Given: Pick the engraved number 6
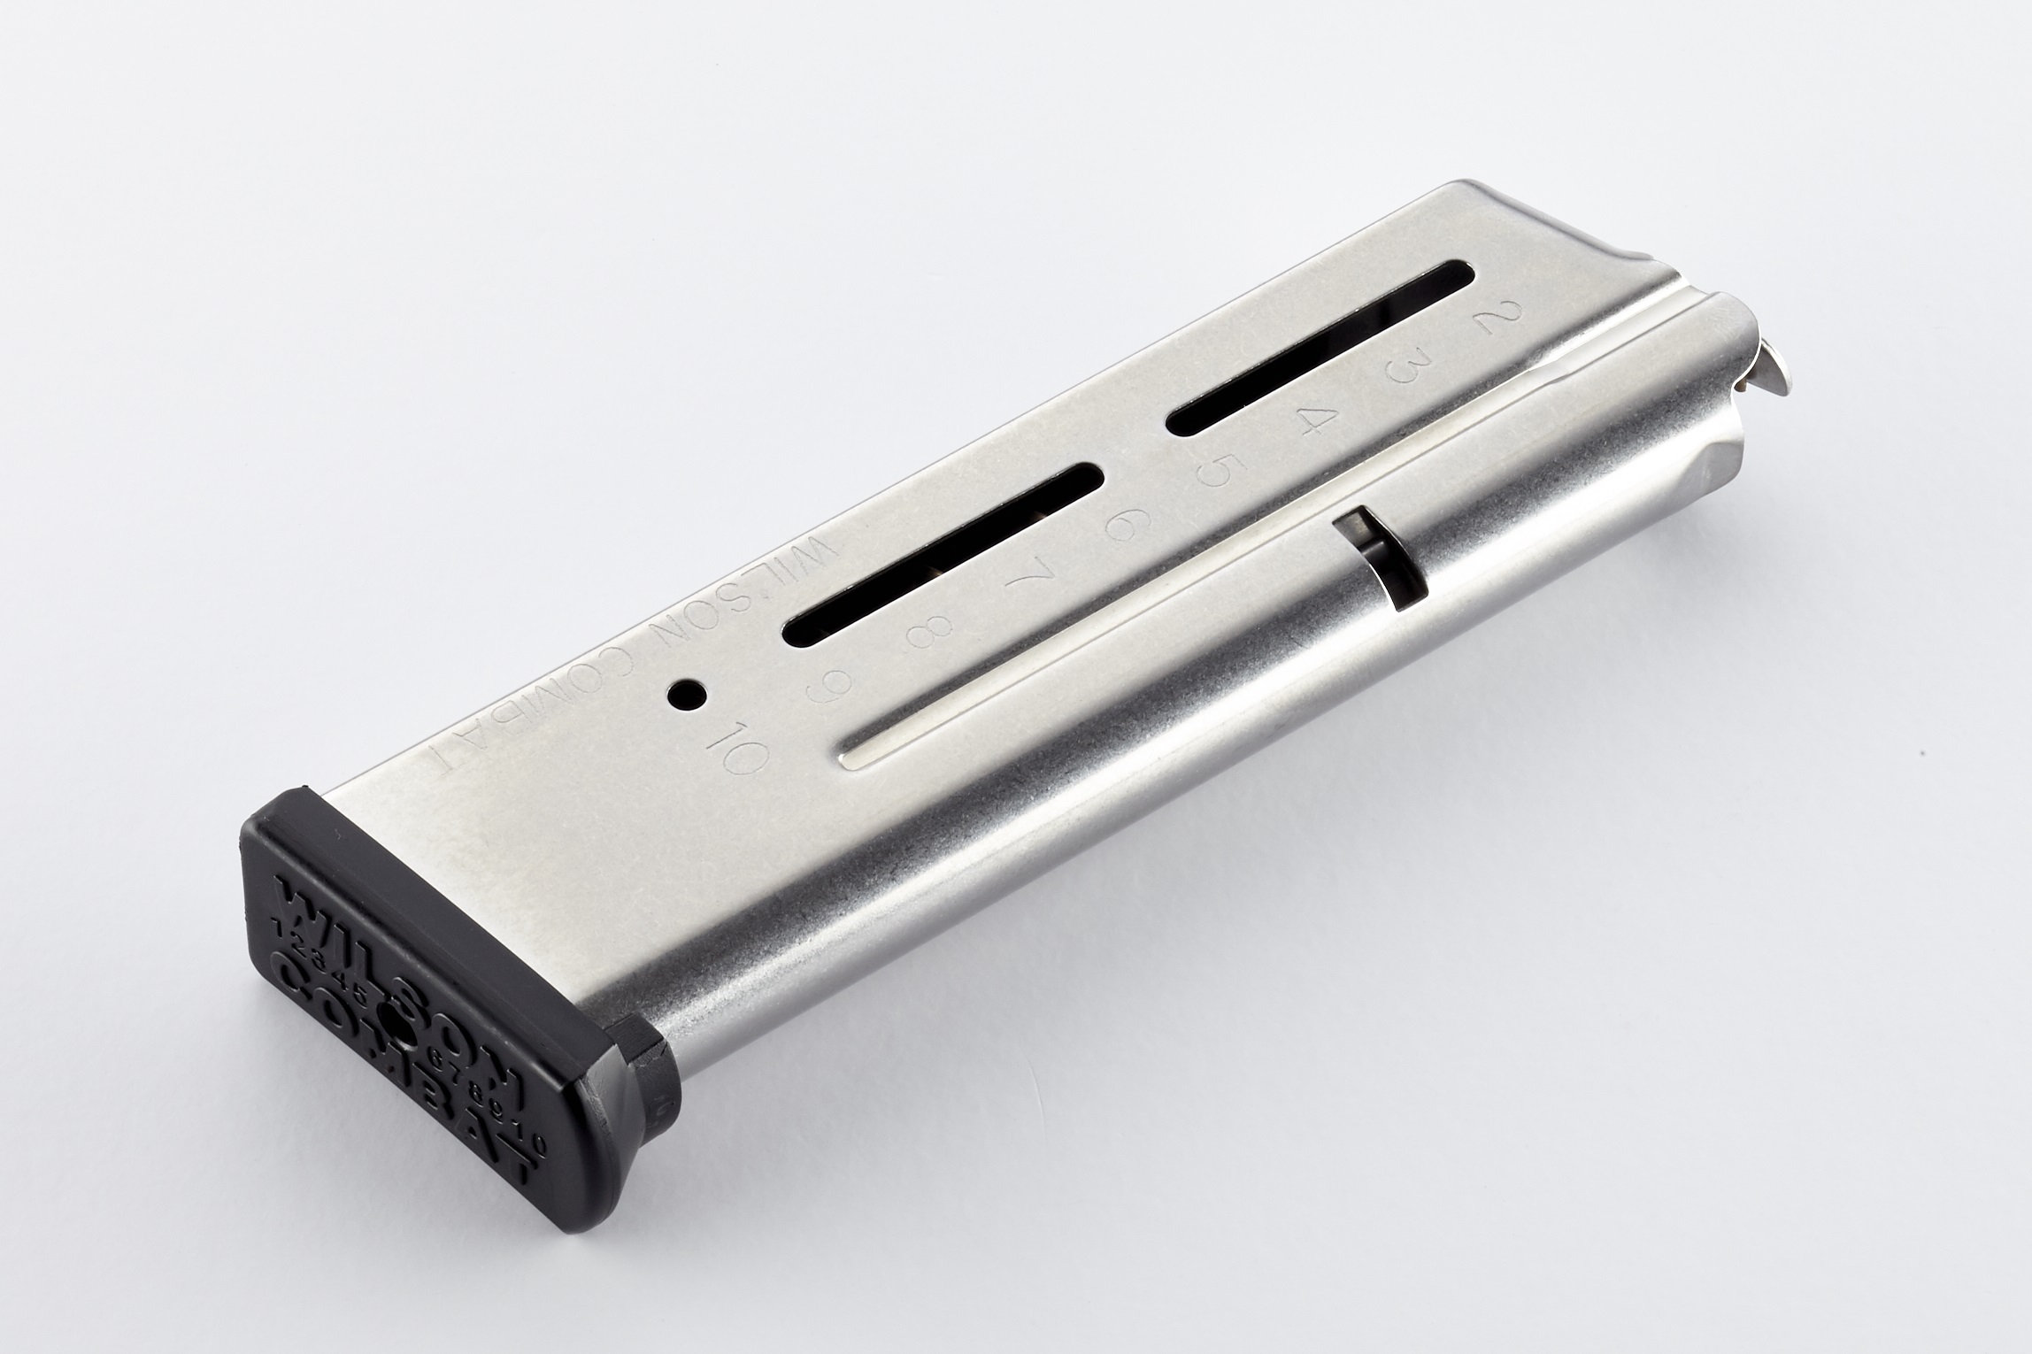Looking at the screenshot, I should [x=1118, y=527].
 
